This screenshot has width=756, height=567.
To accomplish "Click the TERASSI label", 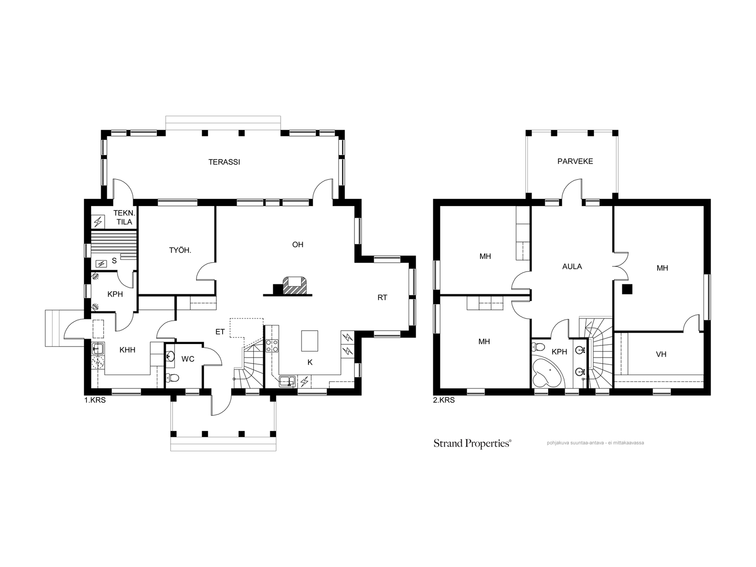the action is pos(224,162).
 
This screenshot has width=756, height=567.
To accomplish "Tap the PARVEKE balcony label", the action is pos(575,161).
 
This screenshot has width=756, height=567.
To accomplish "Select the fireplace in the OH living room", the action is pos(294,285).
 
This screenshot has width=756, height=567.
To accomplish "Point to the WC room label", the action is pos(188,359).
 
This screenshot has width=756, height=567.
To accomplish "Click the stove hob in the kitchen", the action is pos(272,346).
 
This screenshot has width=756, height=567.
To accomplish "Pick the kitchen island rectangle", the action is pos(309,341).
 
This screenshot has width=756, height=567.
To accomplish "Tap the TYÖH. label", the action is pos(180,250).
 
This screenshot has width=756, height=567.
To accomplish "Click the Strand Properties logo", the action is pos(472,443).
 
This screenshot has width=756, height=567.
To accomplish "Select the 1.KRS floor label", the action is pos(95,400).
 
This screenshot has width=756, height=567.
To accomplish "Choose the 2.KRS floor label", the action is pos(444,400).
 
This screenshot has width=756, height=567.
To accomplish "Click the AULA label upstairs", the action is pos(572,266).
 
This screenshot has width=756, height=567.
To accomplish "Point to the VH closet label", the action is pos(661,354).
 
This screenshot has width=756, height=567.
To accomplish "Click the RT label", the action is pos(382,298).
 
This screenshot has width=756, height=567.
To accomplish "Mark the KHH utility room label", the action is pos(127,350).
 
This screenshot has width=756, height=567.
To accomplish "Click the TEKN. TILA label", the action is pos(124,217).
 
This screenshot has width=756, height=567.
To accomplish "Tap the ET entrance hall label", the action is pos(220,332).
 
